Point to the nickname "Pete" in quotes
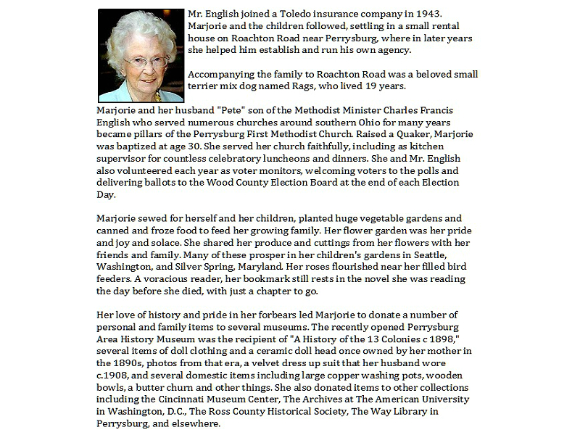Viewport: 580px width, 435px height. tap(231, 110)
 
